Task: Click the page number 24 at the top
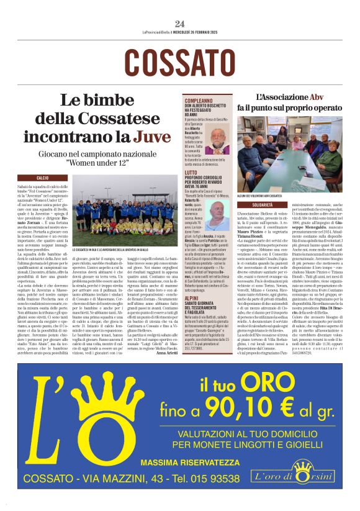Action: [x=180, y=24]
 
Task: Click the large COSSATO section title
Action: [x=180, y=61]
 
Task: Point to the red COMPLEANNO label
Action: [x=200, y=100]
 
